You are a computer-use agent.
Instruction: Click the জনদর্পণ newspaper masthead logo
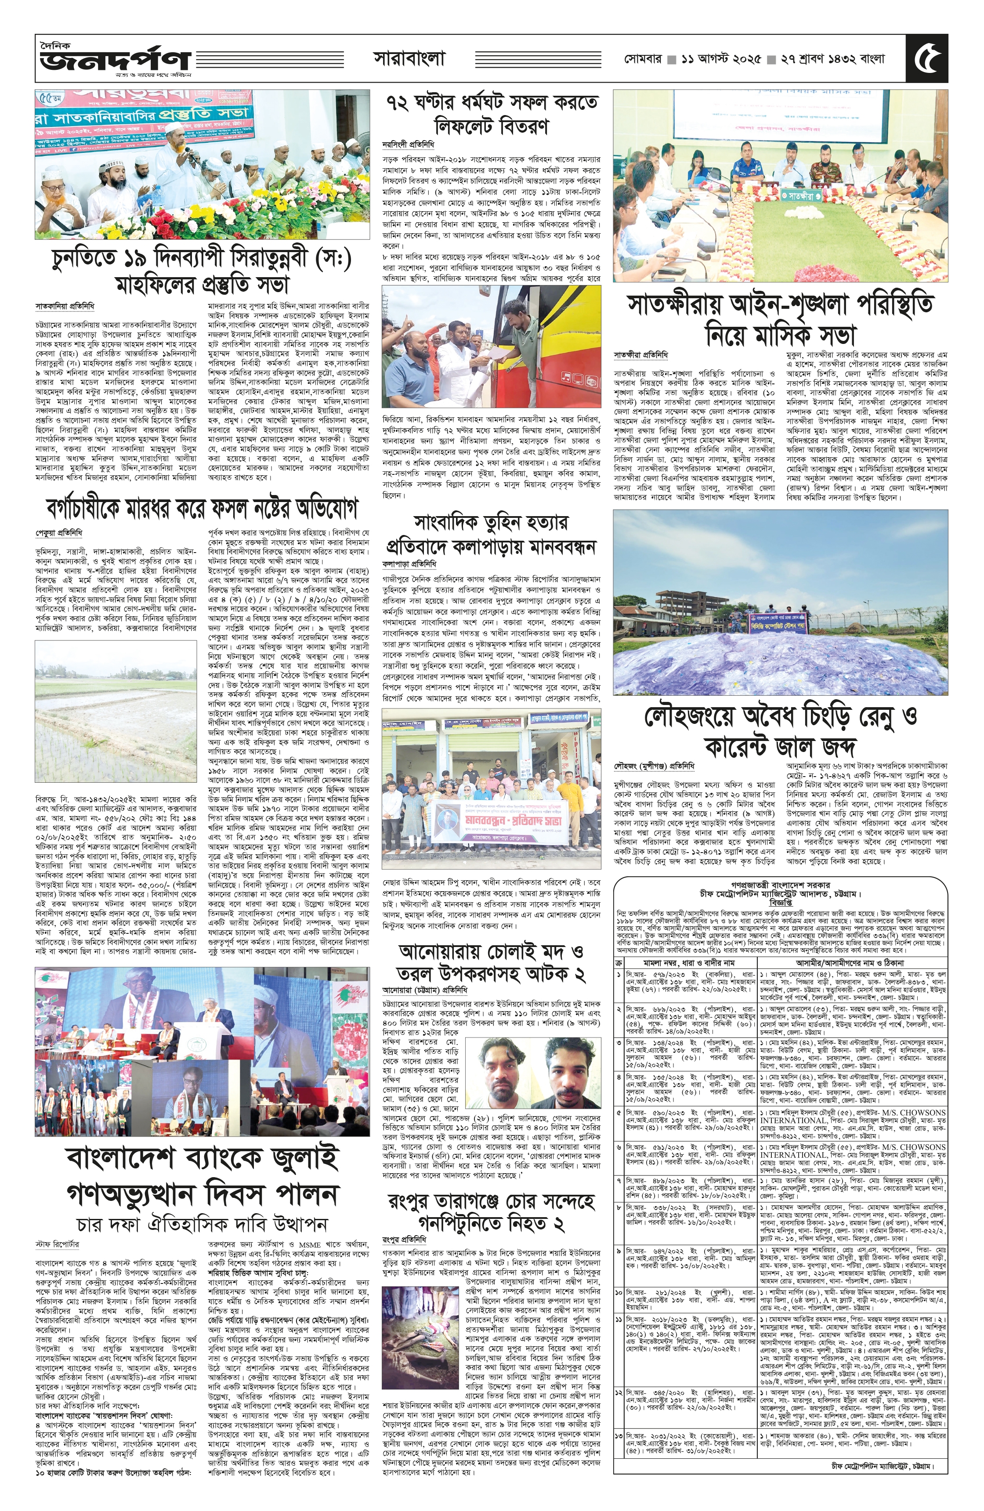point(114,59)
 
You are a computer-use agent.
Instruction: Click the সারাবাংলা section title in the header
point(409,59)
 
